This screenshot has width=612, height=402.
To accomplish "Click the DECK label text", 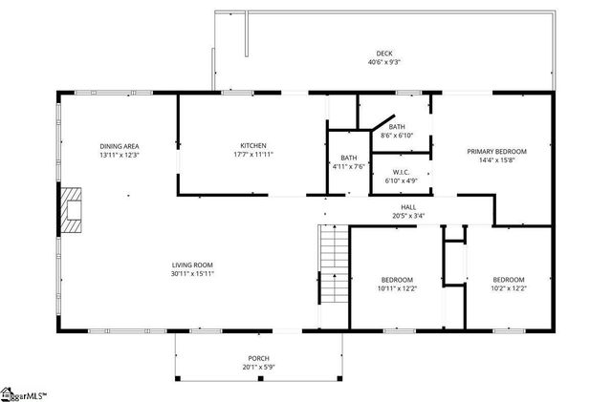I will tap(383, 53).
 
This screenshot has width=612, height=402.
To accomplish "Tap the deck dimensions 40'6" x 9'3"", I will tap(383, 62).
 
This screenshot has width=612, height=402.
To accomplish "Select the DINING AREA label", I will tap(120, 146).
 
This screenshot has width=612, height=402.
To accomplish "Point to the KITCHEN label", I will tap(252, 146).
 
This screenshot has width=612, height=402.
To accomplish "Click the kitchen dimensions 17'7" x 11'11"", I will tap(252, 155).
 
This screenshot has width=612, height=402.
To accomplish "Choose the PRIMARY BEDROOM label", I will tap(496, 151).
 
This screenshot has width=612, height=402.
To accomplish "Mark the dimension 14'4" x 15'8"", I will tap(496, 160).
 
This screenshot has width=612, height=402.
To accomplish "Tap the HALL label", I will tap(408, 207).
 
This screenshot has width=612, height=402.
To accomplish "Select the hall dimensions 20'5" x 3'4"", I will tap(408, 216).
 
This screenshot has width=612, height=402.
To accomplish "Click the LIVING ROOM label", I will tap(192, 264).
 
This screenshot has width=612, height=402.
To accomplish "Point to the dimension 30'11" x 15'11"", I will tap(192, 274).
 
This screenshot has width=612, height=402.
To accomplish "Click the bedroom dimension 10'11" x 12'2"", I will tap(397, 288).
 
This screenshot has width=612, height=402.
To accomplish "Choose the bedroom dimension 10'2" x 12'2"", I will tap(509, 288).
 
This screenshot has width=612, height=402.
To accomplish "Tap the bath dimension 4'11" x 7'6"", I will tap(348, 167).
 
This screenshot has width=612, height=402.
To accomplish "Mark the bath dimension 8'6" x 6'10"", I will tap(396, 135).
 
